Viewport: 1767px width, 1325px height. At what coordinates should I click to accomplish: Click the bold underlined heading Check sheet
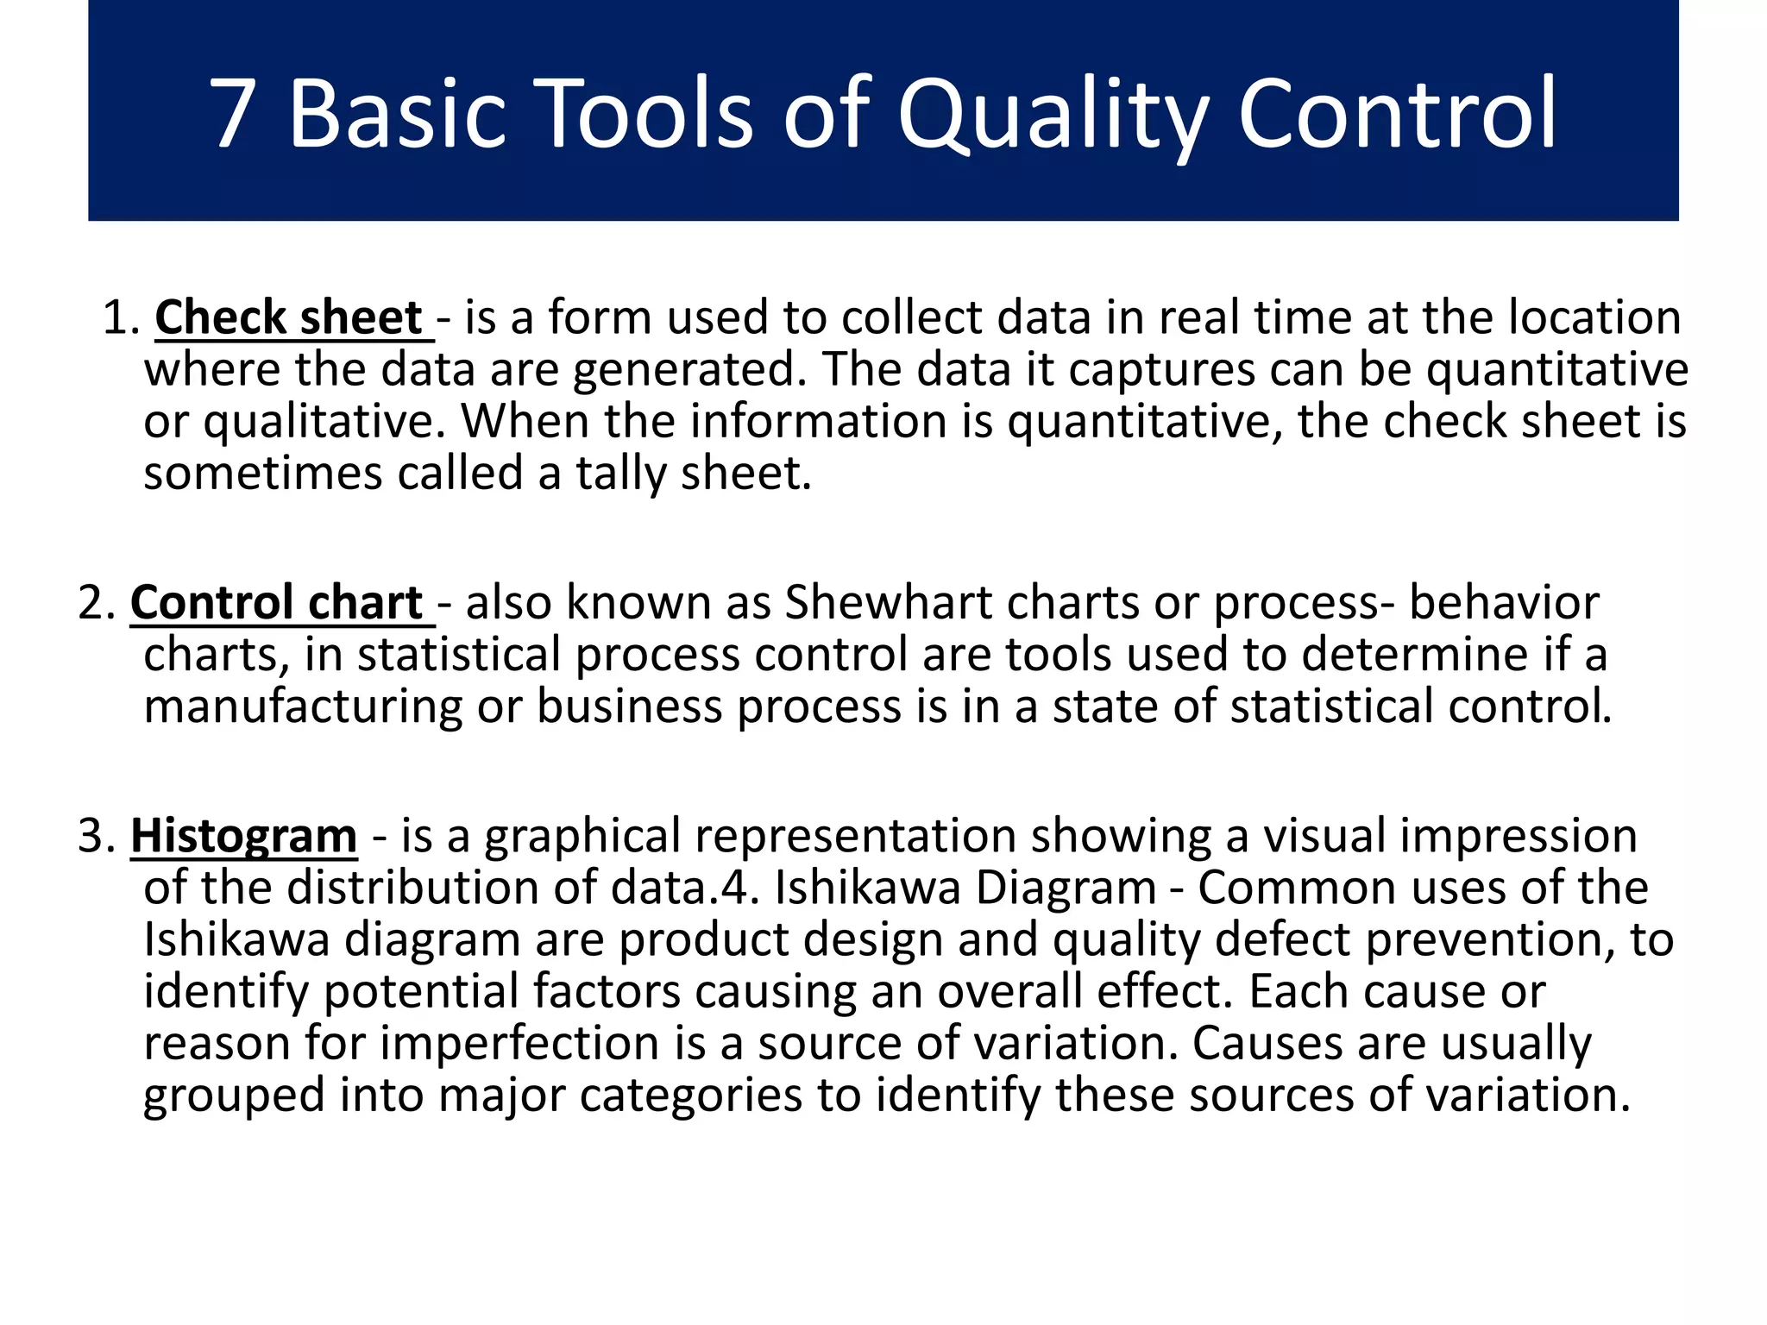[x=288, y=317]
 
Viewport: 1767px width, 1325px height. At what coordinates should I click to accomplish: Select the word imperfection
[x=520, y=1043]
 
